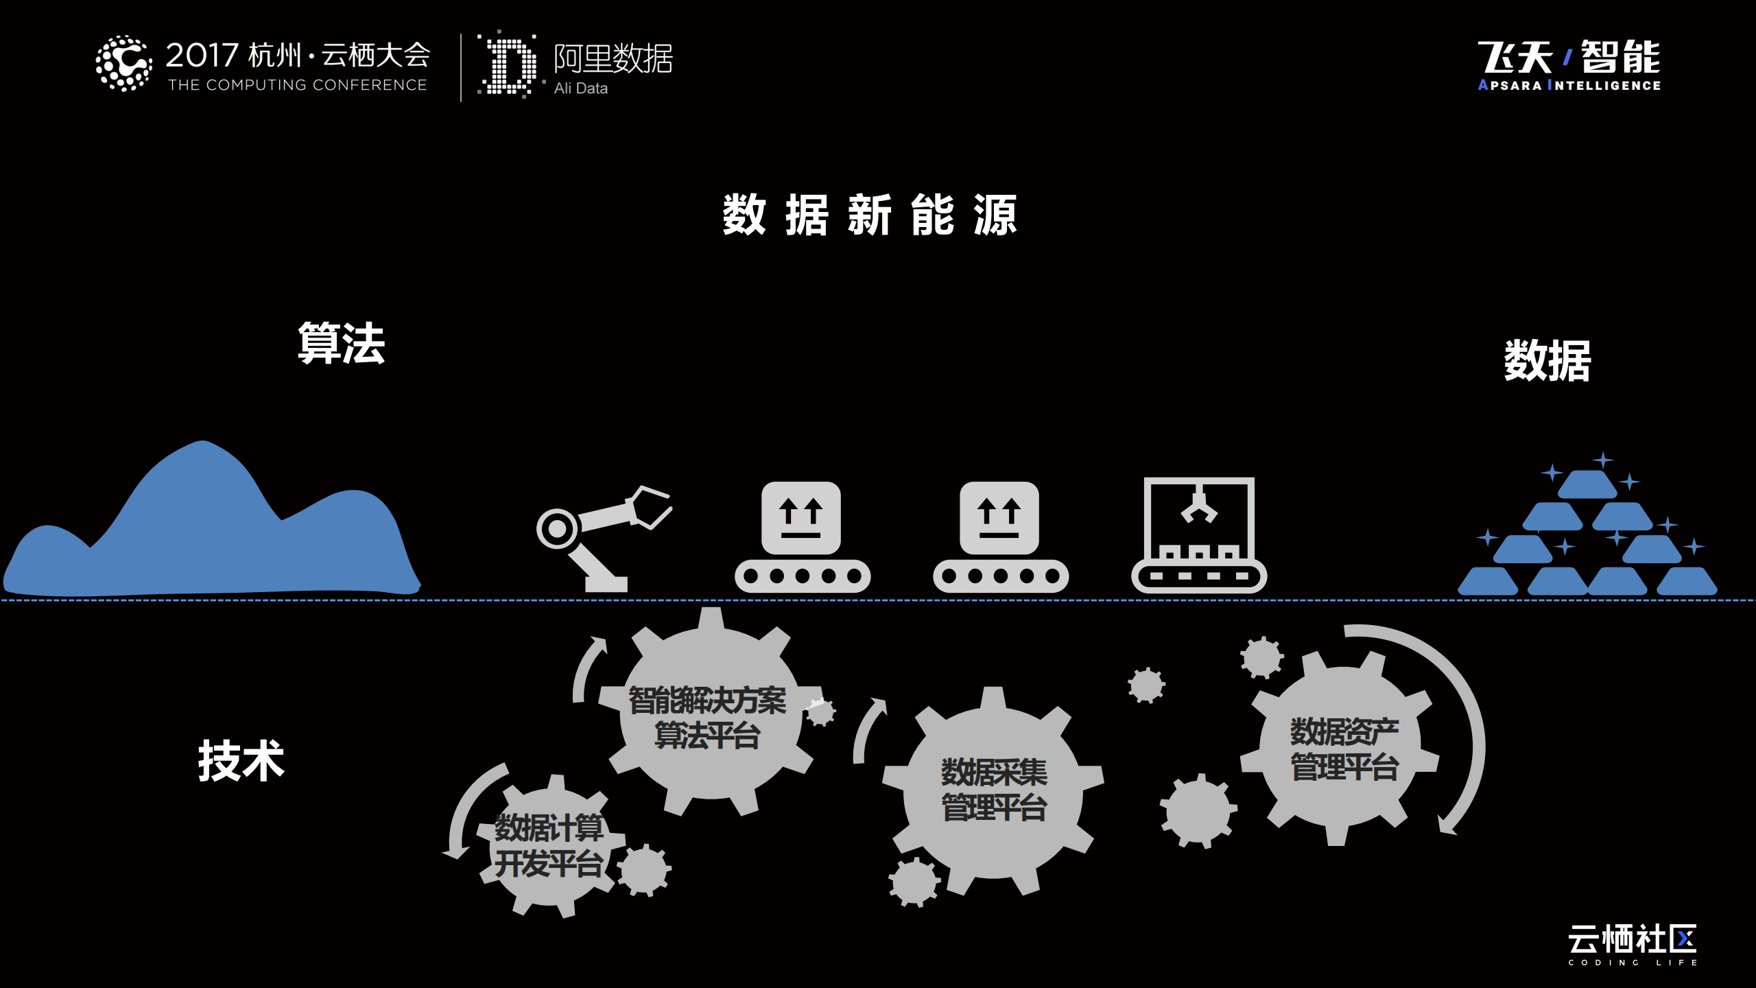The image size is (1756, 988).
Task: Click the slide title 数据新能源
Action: (x=870, y=215)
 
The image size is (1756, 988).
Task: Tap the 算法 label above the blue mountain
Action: (x=342, y=343)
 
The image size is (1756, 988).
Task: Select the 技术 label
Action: (x=241, y=761)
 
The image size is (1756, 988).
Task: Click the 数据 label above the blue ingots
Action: (x=1547, y=360)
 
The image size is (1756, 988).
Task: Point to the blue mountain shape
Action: (x=206, y=535)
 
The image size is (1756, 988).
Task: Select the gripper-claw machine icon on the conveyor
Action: (x=1198, y=535)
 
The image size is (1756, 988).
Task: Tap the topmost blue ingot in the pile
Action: (x=1587, y=484)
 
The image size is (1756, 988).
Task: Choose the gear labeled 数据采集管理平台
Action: (x=993, y=789)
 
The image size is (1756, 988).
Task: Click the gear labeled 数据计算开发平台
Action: (x=549, y=846)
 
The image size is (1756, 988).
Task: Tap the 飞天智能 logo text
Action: (x=1569, y=58)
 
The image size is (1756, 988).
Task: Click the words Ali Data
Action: (x=580, y=89)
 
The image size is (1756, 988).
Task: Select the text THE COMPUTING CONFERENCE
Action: (x=298, y=85)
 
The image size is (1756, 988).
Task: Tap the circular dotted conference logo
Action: (x=123, y=64)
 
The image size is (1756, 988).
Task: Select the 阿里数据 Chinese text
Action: (x=613, y=58)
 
